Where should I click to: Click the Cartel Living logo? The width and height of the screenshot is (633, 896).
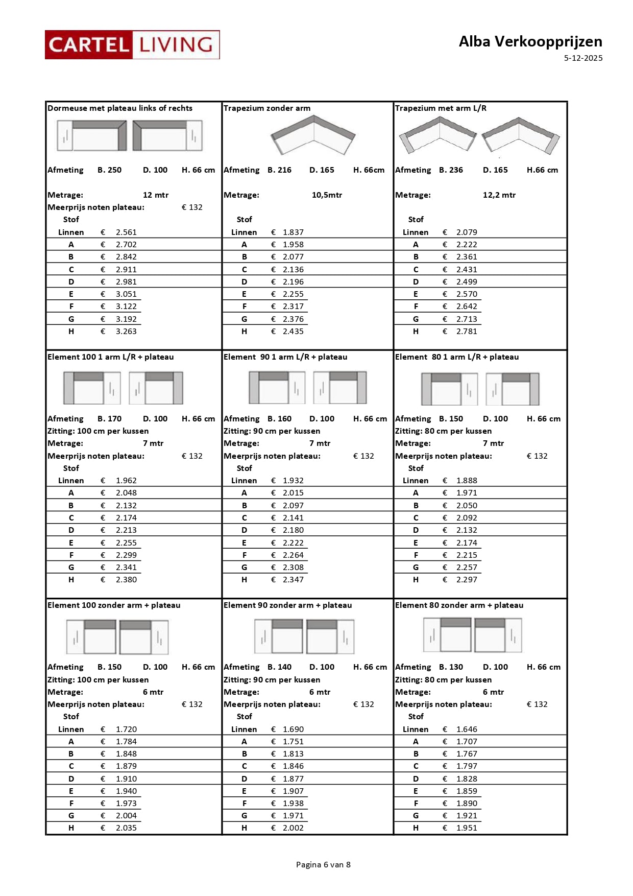[x=132, y=45]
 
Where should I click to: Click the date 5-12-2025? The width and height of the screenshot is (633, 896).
[x=583, y=58]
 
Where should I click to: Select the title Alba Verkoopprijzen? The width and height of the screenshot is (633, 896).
[x=530, y=41]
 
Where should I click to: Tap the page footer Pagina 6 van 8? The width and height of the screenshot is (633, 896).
[x=323, y=864]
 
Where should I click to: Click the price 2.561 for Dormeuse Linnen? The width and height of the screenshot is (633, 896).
[x=126, y=232]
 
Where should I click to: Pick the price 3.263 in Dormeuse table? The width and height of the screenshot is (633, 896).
[x=126, y=332]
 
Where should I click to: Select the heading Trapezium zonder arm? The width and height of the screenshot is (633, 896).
[x=267, y=108]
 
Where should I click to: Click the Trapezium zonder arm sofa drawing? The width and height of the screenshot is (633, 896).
[x=313, y=135]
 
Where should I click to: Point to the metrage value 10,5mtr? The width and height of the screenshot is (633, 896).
[x=327, y=195]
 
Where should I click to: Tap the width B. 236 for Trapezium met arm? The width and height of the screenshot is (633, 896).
[x=451, y=170]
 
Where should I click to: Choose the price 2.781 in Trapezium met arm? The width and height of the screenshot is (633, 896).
[x=467, y=332]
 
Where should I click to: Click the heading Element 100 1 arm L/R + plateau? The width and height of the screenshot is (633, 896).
[x=111, y=357]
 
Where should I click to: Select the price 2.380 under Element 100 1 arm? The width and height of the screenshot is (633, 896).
[x=126, y=580]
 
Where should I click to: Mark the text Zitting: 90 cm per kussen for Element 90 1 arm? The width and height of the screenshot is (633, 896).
[x=272, y=431]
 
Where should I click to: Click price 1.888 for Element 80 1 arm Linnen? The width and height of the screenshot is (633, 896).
[x=467, y=481]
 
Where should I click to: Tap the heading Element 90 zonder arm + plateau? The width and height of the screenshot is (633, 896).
[x=288, y=605]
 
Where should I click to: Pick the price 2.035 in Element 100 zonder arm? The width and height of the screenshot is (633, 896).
[x=126, y=828]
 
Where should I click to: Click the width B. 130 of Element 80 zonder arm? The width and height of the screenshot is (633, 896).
[x=451, y=667]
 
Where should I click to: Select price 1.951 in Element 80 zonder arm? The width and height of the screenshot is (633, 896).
[x=467, y=828]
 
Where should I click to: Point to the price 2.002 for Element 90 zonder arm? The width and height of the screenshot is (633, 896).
[x=293, y=828]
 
